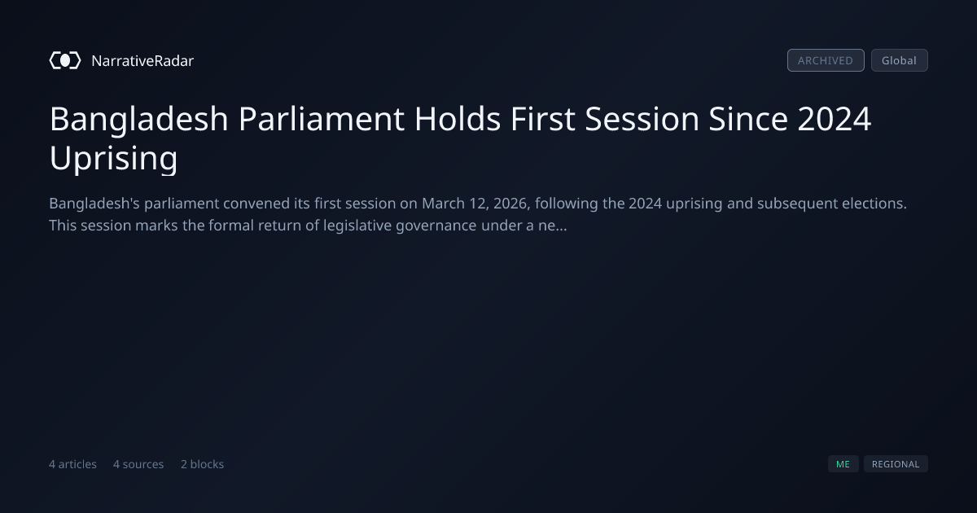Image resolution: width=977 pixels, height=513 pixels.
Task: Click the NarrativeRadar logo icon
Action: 65,60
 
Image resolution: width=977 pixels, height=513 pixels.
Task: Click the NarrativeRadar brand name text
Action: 142,60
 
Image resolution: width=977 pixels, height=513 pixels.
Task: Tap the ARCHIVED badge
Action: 826,60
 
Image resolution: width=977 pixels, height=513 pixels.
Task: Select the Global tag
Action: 900,60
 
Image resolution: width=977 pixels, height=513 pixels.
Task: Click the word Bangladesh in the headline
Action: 138,119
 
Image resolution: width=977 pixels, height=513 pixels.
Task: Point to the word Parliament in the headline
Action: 322,119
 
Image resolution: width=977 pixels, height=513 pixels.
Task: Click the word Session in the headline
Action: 642,119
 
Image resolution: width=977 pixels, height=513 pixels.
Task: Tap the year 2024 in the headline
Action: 834,119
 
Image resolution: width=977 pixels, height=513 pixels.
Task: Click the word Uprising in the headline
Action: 113,158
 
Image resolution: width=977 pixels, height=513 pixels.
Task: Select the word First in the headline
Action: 542,119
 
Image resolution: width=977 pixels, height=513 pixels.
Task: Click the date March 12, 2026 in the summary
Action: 475,204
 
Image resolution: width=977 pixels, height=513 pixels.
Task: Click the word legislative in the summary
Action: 357,226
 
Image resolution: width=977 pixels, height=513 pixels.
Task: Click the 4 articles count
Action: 72,464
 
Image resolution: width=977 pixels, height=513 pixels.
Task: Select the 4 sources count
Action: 138,464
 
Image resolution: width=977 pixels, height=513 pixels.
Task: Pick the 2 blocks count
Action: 202,464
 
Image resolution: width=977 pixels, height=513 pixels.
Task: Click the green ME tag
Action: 843,464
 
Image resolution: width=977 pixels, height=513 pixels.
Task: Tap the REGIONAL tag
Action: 896,464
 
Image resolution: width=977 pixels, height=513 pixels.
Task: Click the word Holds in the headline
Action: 457,119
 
